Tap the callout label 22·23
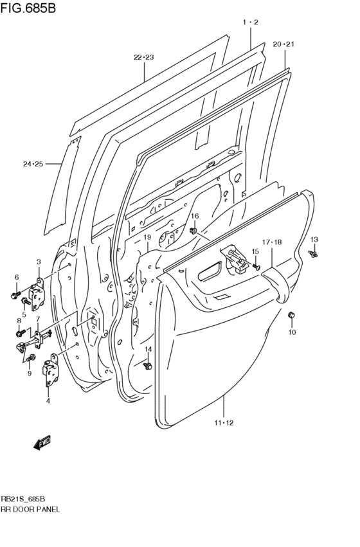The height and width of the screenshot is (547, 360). pyautogui.click(x=144, y=57)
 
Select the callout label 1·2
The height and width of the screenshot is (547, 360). pyautogui.click(x=250, y=22)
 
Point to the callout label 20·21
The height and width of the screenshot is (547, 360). pyautogui.click(x=283, y=44)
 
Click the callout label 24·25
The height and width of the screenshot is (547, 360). pyautogui.click(x=33, y=165)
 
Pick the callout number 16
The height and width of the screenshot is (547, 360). pyautogui.click(x=194, y=216)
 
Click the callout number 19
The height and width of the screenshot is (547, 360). pyautogui.click(x=147, y=237)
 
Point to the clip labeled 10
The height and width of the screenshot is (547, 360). pyautogui.click(x=290, y=315)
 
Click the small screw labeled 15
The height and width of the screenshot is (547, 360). pyautogui.click(x=256, y=264)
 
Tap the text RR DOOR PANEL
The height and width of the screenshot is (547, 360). pyautogui.click(x=31, y=508)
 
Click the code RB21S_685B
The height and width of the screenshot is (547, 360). pyautogui.click(x=23, y=498)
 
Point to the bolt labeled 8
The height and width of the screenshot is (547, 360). pyautogui.click(x=19, y=332)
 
